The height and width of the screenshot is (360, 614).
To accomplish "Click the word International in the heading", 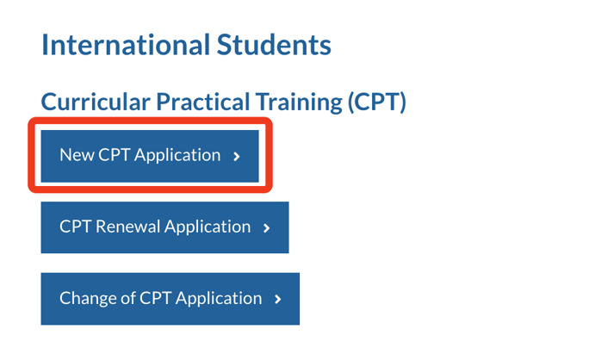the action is [126, 45].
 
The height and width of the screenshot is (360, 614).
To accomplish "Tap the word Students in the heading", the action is [274, 45].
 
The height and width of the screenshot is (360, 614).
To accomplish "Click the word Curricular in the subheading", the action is [96, 102].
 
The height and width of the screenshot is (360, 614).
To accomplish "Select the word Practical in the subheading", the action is [203, 102].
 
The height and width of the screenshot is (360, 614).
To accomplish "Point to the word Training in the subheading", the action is [299, 102].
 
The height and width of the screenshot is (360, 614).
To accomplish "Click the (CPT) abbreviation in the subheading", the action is [376, 102].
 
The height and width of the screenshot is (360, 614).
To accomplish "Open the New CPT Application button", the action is [150, 156].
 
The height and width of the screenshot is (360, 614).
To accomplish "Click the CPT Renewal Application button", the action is [164, 227].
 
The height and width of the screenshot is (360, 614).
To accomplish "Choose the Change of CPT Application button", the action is [171, 299].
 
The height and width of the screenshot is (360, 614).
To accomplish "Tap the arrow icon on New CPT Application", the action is [237, 157].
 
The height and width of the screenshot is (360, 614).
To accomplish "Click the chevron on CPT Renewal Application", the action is [267, 228].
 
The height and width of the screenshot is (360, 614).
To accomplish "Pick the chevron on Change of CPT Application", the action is [278, 300].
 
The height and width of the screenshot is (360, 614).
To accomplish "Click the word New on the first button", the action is [77, 155].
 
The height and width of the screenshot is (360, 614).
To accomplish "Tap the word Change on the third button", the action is [88, 299].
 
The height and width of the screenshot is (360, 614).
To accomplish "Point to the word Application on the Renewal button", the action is [208, 227].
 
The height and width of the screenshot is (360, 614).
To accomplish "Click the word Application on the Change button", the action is [219, 299].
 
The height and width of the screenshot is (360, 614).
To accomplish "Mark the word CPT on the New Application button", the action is [114, 155].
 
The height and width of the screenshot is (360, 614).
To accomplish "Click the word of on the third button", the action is [128, 298].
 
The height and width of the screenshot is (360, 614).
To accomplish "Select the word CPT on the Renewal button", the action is [76, 227].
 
